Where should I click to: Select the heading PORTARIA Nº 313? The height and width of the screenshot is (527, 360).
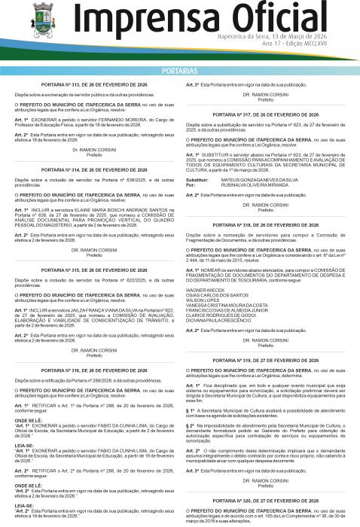click(93, 87)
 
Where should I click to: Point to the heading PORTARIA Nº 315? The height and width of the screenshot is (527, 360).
click(93, 269)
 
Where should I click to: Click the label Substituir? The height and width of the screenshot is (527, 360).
click(197, 181)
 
